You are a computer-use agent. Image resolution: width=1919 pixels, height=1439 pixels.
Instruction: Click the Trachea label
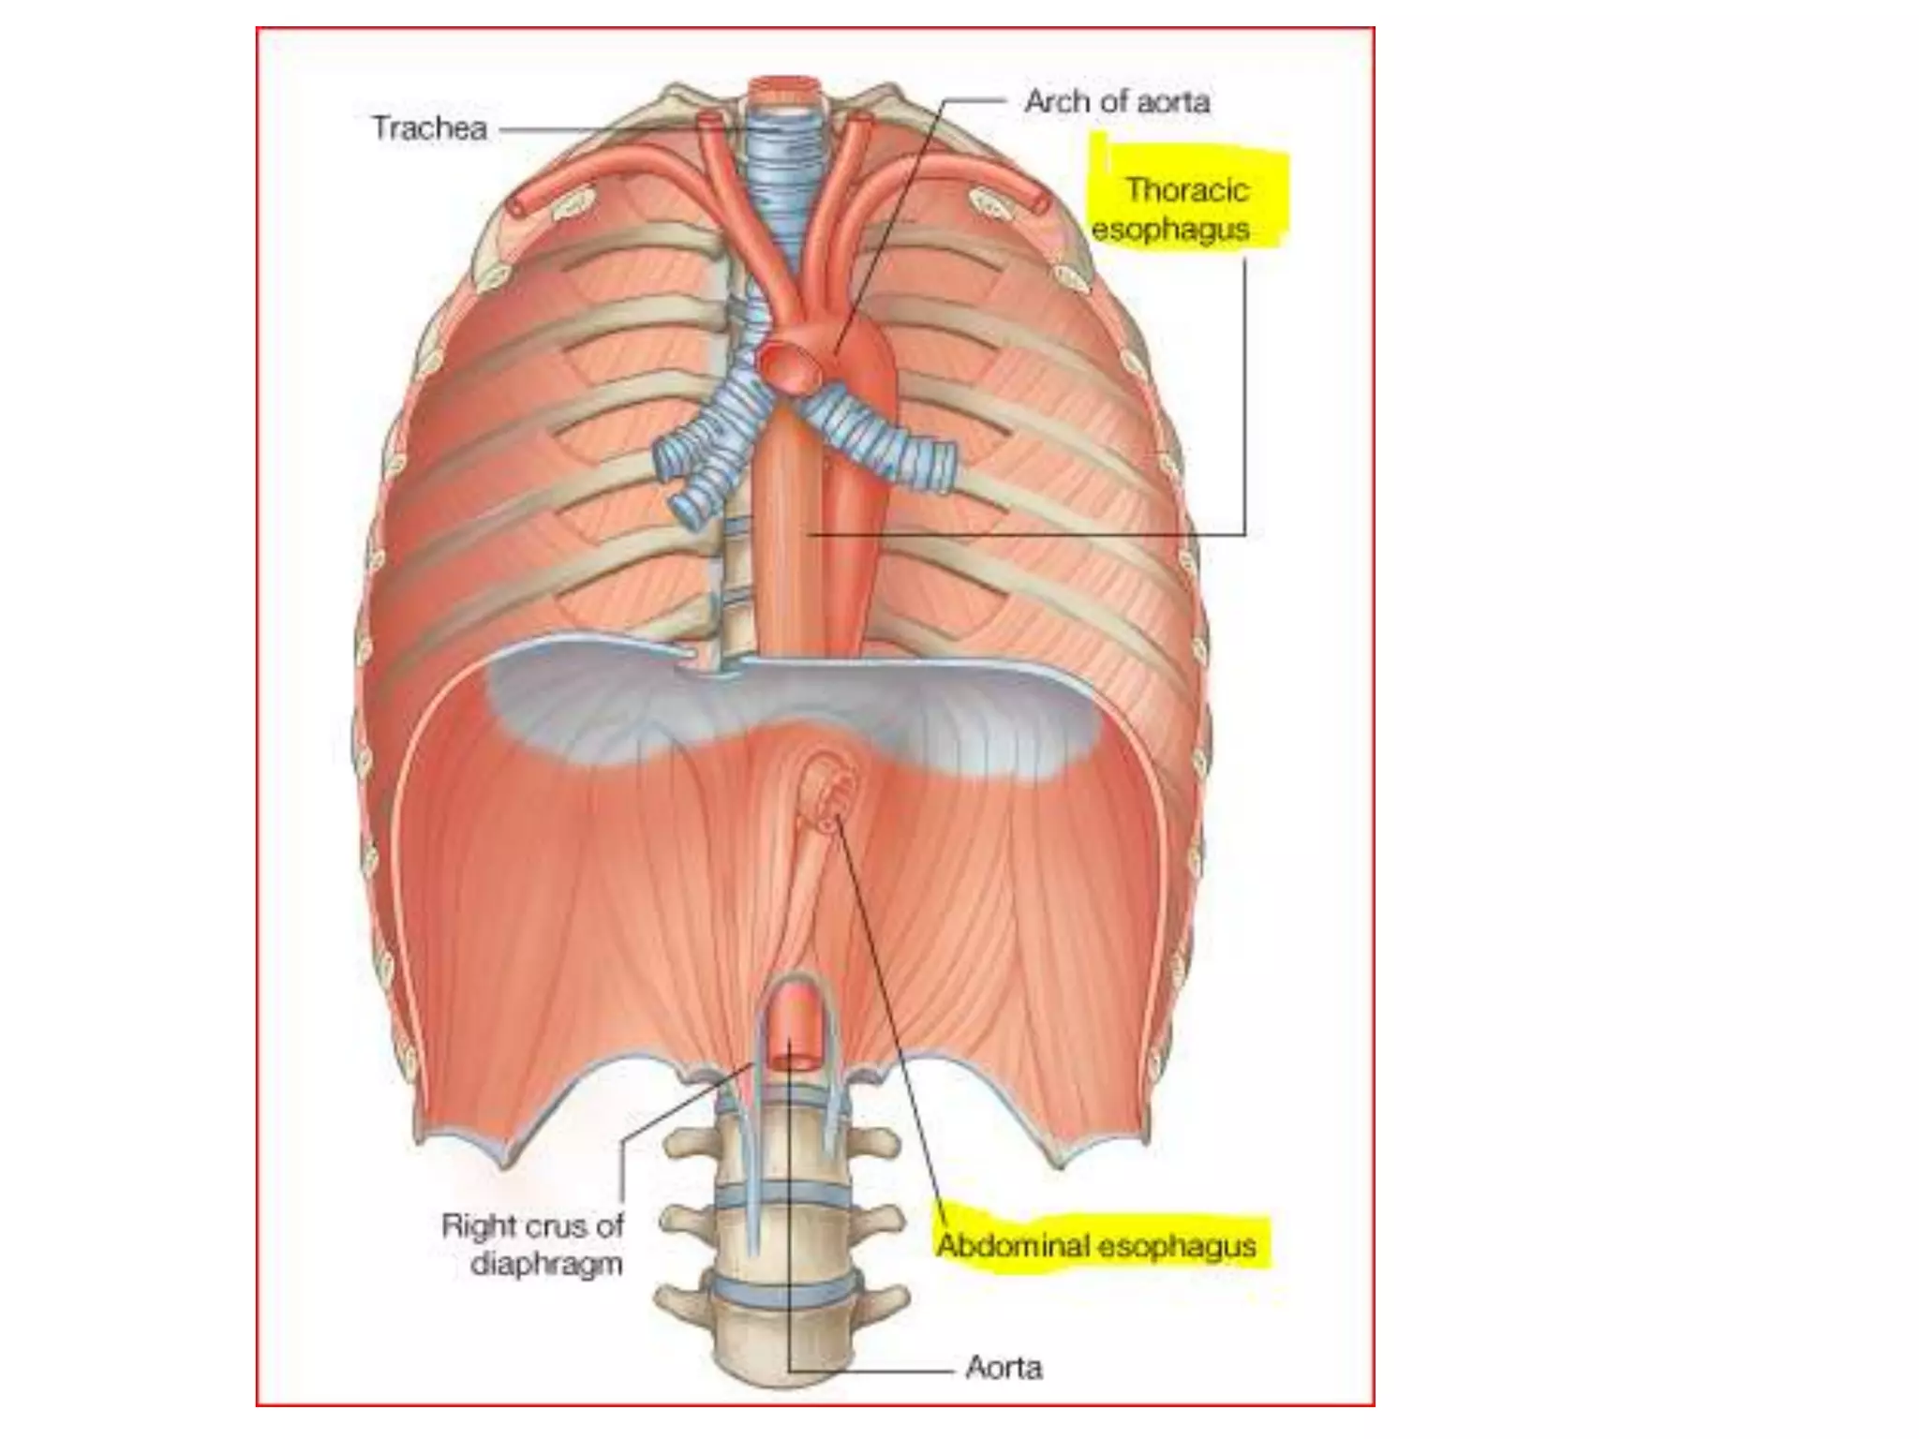(430, 128)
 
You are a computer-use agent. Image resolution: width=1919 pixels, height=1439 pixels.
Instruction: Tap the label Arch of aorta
(1117, 101)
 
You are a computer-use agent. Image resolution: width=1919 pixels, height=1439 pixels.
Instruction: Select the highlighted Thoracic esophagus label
(1172, 209)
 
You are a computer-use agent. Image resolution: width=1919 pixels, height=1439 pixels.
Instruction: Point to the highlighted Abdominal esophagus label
(1096, 1246)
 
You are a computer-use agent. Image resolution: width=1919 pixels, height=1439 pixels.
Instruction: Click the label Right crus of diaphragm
(532, 1245)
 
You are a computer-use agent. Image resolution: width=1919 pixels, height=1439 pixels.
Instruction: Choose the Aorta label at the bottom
(1004, 1368)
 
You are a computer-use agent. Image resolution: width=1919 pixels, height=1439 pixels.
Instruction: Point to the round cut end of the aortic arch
(789, 366)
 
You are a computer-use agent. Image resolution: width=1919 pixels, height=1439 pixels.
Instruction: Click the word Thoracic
(1187, 190)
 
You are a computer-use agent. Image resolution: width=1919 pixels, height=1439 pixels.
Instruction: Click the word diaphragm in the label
(546, 1265)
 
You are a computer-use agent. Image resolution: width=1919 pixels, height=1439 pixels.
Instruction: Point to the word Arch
(1059, 101)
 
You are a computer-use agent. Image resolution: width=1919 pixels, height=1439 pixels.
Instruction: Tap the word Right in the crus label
(479, 1225)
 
